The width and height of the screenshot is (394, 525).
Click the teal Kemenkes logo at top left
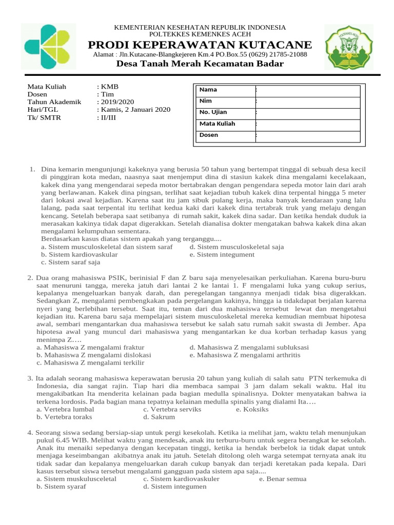pos(48,47)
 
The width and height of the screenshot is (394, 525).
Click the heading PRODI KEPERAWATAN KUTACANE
pos(200,45)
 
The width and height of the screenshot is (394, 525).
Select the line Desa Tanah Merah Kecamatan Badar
pos(200,64)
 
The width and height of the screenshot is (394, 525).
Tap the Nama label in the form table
pos(208,90)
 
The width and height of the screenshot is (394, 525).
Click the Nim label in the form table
pos(206,101)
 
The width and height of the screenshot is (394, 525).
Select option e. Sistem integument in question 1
pos(222,254)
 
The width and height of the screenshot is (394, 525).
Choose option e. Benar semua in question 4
pos(283,479)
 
